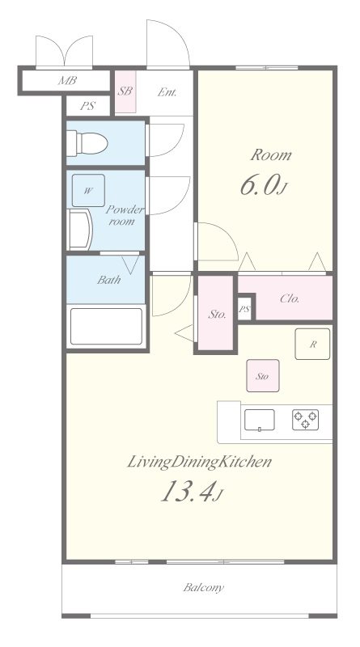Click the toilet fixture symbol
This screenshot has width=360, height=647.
click(x=87, y=144)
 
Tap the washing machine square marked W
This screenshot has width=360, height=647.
click(x=88, y=190)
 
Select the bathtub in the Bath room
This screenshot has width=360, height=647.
click(x=107, y=326)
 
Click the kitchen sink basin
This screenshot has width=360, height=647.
click(x=259, y=420)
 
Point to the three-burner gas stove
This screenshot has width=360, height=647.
click(x=306, y=420)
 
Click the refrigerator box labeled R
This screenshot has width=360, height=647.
click(x=312, y=345)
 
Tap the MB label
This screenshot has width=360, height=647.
click(x=67, y=80)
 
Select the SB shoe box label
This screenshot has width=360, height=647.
click(x=125, y=91)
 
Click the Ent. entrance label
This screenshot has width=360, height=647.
click(x=167, y=92)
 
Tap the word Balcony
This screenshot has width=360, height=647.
click(x=204, y=587)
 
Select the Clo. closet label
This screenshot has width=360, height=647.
click(x=290, y=298)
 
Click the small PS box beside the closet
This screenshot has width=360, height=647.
click(x=245, y=308)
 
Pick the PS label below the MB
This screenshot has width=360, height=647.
click(x=87, y=106)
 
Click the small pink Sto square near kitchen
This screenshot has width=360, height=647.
click(x=263, y=375)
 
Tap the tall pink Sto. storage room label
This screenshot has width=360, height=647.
click(x=217, y=315)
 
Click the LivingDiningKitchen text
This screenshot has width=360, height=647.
click(x=199, y=462)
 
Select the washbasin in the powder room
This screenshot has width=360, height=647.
click(x=79, y=230)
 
